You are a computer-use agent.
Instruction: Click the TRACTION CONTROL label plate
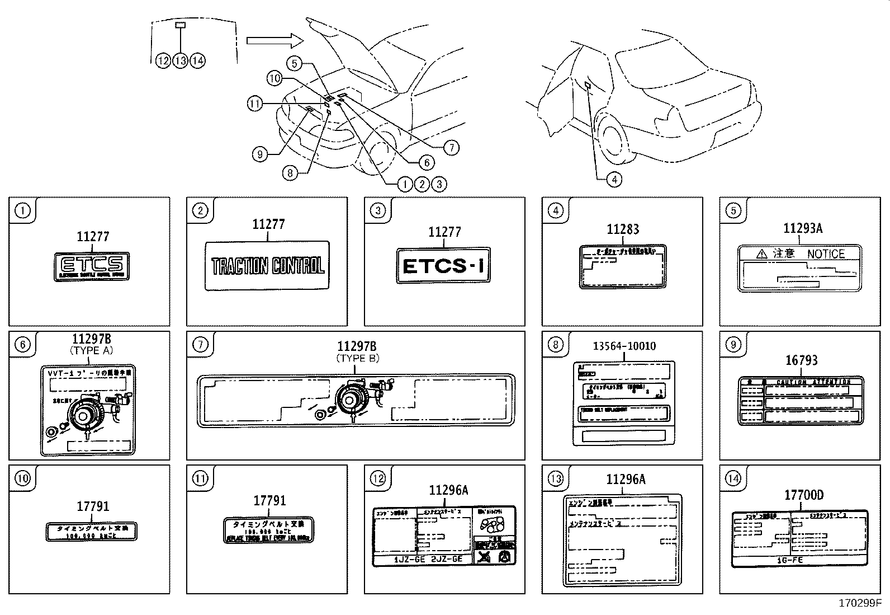tap(267, 266)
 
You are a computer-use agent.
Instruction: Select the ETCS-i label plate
tap(444, 266)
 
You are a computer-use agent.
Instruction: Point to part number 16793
tap(801, 361)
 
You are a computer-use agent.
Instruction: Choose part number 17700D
tap(803, 495)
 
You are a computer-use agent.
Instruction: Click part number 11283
tap(623, 229)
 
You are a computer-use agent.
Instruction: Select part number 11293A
tap(803, 228)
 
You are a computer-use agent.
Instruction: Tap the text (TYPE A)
tap(92, 350)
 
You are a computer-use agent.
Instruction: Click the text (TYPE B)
tap(357, 358)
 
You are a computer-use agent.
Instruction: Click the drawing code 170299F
tap(859, 604)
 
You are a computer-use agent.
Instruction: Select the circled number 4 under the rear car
tap(614, 180)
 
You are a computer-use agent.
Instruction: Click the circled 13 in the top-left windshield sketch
tap(180, 60)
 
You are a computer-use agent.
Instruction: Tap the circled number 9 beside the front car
tap(259, 154)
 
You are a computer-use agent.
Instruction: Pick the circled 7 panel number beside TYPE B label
tap(200, 344)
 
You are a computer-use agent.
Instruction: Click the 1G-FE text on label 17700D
tap(801, 558)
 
